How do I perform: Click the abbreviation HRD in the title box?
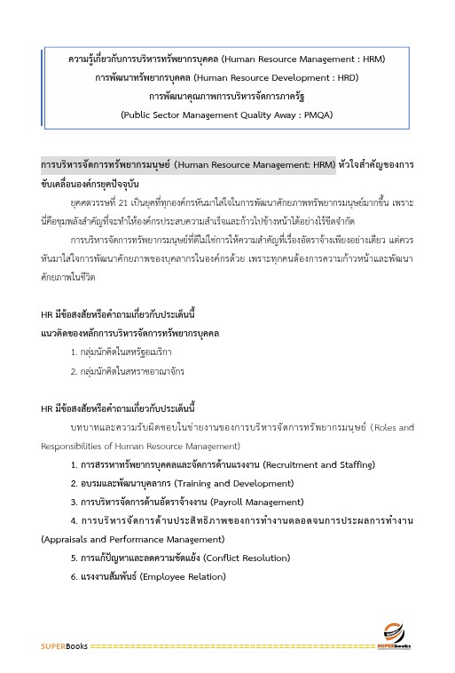[x=345, y=77]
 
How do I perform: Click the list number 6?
[x=74, y=576]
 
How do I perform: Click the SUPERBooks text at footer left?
[x=64, y=646]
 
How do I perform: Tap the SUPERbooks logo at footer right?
[x=394, y=643]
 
